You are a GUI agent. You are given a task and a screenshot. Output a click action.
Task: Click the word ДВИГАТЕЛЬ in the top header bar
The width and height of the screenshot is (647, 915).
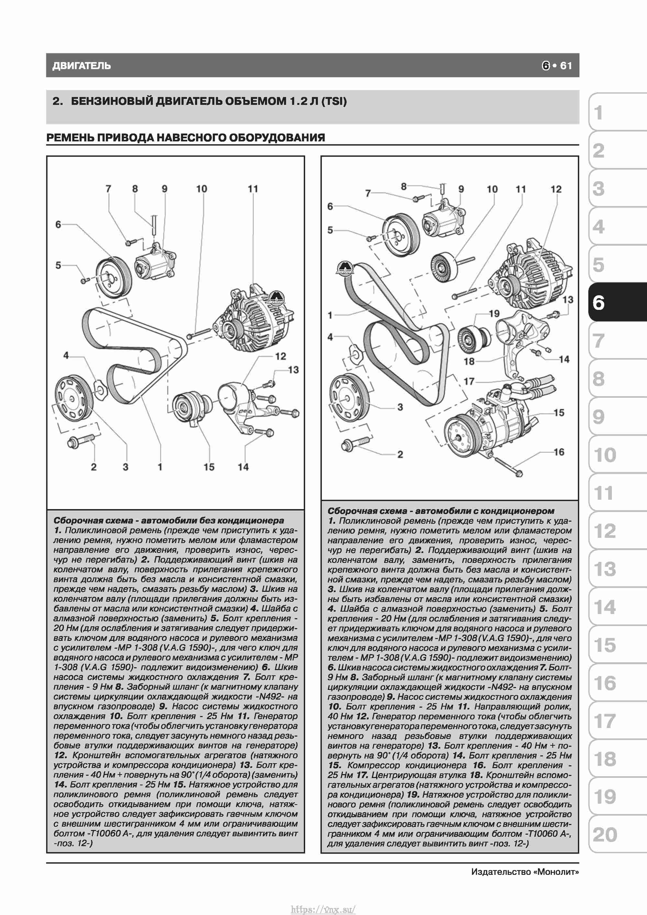tap(82, 66)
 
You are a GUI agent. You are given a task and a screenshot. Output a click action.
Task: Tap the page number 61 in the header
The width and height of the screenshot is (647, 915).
tap(566, 66)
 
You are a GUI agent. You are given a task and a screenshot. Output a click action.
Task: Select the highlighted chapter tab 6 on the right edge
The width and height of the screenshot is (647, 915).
tap(618, 303)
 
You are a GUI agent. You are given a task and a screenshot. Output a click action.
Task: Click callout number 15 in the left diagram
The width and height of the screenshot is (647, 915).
tap(209, 467)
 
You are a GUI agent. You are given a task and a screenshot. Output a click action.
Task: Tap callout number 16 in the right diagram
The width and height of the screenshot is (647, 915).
tap(559, 452)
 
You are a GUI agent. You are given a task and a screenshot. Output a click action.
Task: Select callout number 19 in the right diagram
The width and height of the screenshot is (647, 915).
tap(494, 314)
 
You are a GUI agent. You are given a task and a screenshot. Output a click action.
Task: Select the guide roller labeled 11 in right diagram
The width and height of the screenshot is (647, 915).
tap(445, 267)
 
